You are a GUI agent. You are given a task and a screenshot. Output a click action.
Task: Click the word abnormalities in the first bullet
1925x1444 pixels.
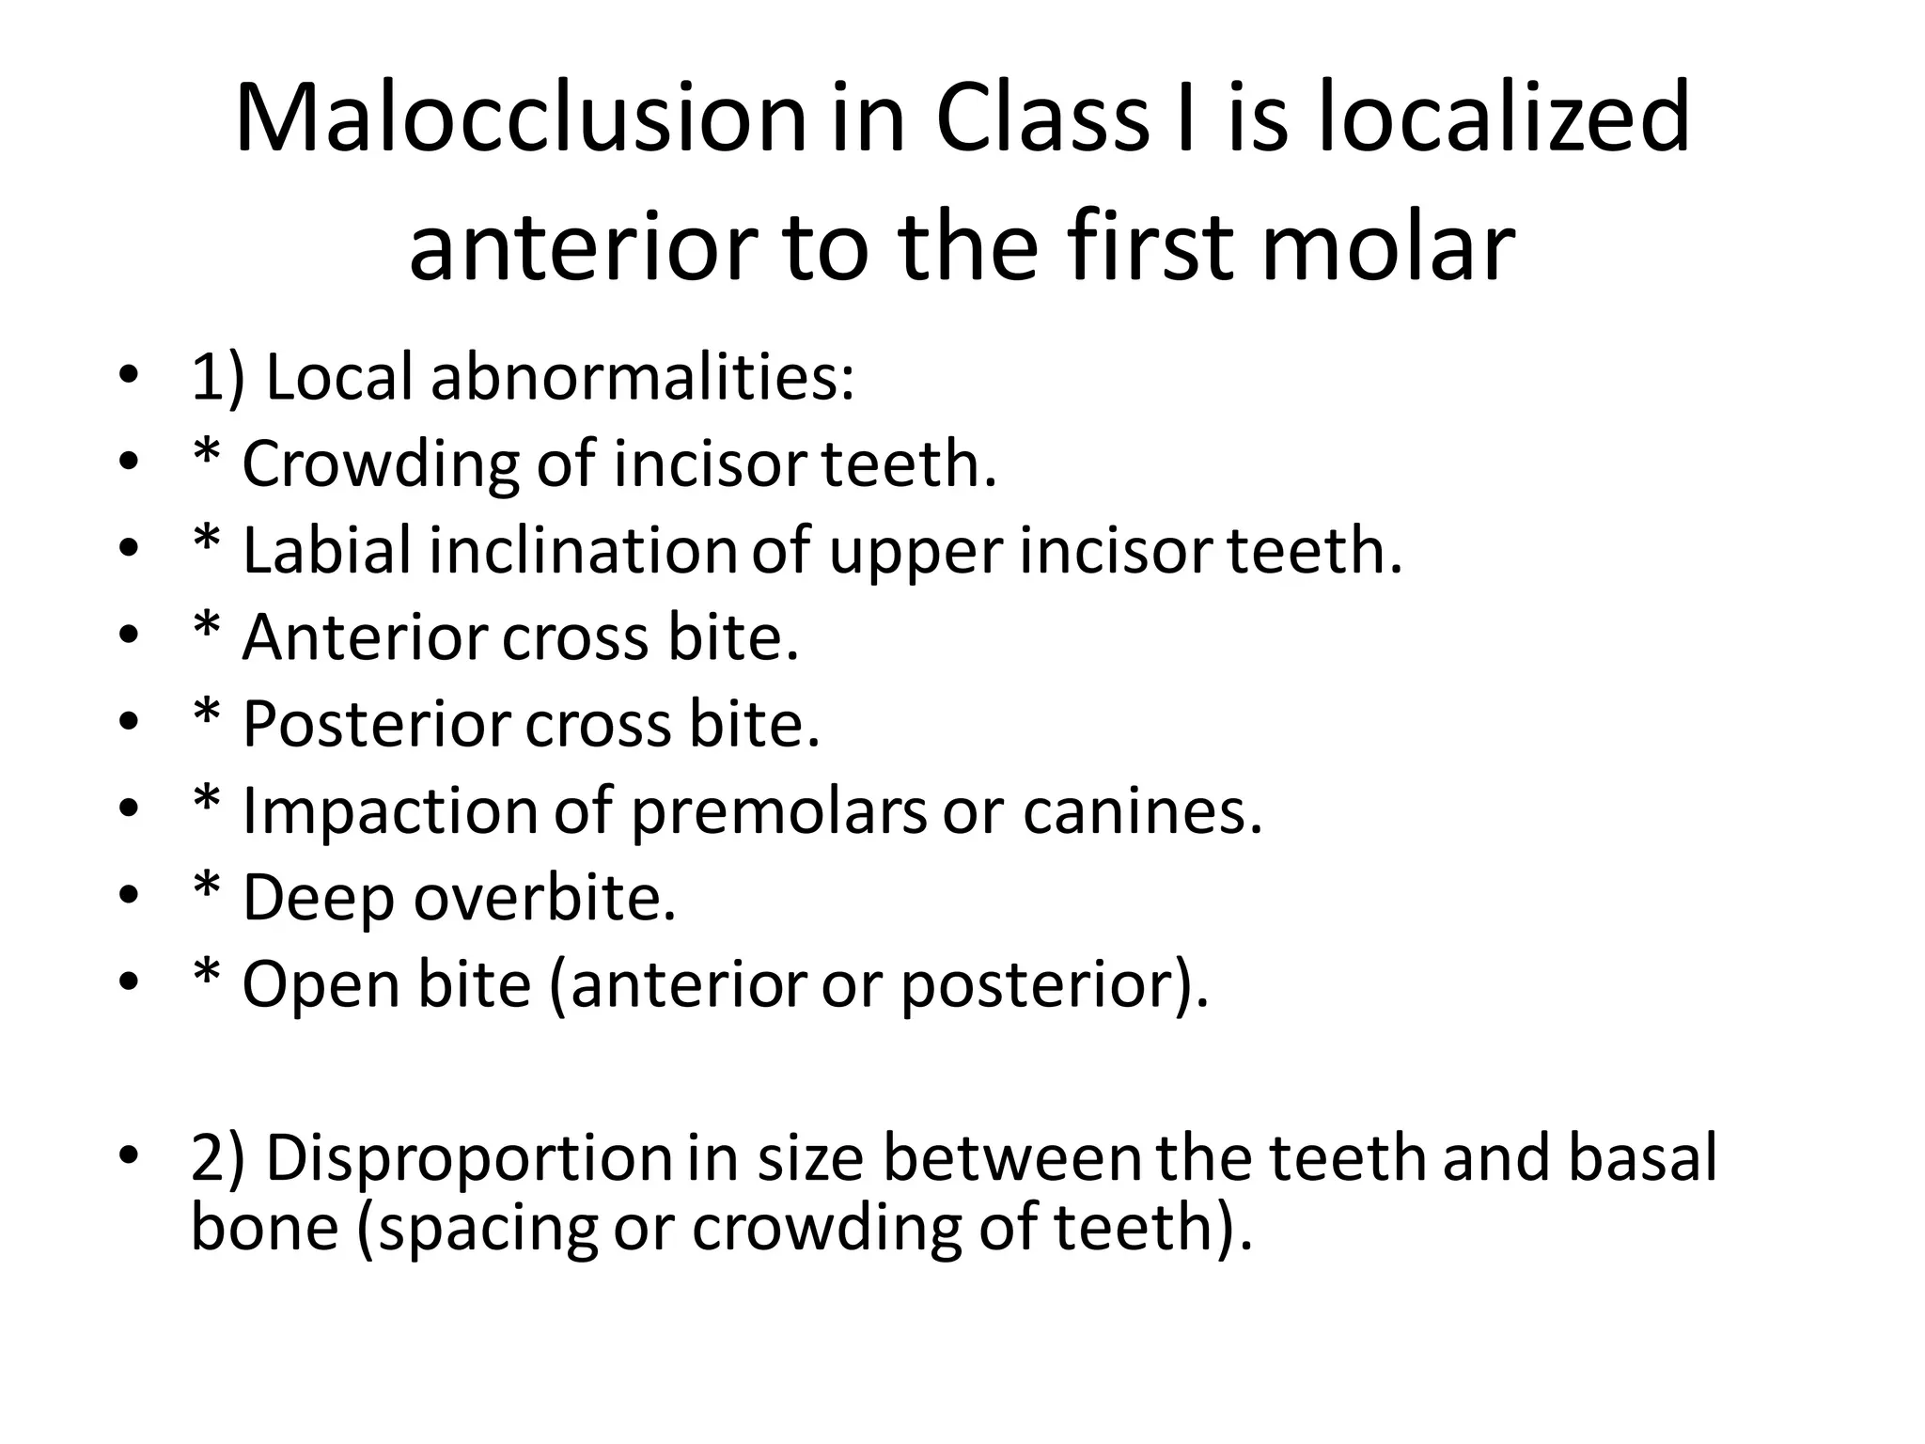tap(642, 378)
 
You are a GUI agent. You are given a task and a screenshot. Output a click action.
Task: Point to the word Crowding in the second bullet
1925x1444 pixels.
tap(380, 464)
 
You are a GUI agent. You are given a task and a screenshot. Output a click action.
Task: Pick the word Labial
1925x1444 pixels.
tap(326, 551)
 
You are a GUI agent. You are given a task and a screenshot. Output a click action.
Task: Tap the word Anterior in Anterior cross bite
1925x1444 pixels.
tap(365, 637)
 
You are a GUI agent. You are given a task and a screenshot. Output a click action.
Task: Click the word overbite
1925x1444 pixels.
tap(544, 898)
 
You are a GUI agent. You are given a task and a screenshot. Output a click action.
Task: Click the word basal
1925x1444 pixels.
tap(1641, 1157)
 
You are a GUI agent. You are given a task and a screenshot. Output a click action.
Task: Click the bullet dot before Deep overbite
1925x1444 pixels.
tap(129, 896)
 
